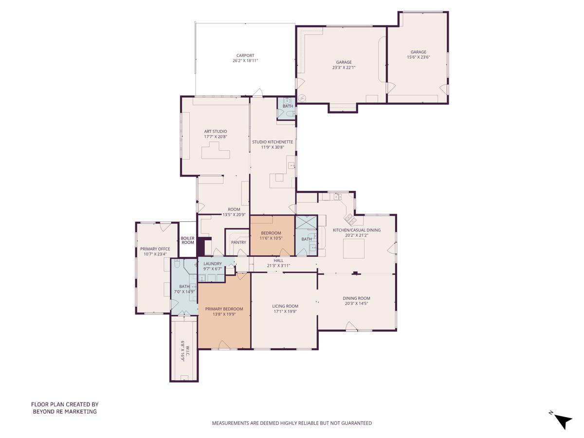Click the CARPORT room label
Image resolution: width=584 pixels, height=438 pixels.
pos(245,55)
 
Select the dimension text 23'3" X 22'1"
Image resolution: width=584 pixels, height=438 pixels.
pos(344,68)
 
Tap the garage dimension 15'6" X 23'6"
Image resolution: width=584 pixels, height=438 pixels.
pos(418,57)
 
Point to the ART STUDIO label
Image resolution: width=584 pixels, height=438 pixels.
pos(215,131)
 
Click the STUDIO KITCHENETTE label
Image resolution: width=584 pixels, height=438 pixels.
pos(272,142)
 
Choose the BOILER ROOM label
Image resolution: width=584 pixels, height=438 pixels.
pos(188,240)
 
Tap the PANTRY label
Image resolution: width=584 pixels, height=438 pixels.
pos(238,242)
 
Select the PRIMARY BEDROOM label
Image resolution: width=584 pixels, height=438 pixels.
pos(224,309)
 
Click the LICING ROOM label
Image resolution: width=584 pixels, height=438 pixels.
pos(285,306)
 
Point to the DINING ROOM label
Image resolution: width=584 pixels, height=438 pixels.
pos(356,298)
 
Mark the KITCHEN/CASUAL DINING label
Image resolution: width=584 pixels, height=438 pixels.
pos(356,230)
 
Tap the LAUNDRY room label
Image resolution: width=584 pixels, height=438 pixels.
pos(213,264)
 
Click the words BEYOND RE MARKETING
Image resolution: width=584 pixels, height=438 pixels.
pos(65,412)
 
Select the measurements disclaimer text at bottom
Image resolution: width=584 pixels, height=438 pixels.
pos(292,423)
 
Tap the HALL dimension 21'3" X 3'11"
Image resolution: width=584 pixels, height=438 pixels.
pos(278,266)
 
